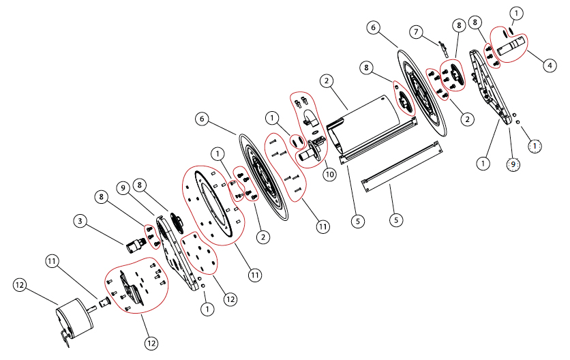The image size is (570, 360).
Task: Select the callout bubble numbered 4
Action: pos(549,66)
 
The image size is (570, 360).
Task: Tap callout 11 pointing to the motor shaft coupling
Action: pos(53,260)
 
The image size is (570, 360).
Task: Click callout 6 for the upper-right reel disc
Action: pos(372,27)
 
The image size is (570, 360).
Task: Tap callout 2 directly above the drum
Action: pos(327,80)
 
